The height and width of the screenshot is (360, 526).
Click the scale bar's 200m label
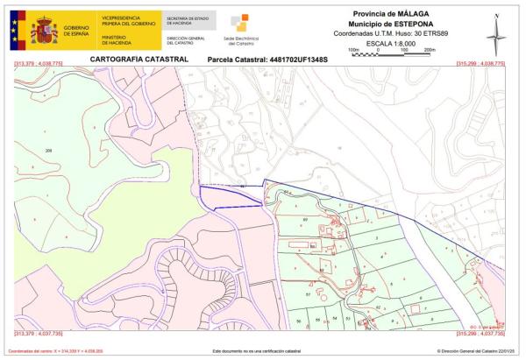tap(430, 50)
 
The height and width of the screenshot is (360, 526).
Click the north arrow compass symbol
tap(497, 32)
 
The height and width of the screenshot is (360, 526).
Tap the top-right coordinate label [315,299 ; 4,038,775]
tap(481, 64)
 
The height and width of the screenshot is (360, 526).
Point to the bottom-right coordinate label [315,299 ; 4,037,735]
tap(481, 334)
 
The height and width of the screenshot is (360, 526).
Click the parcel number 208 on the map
tap(48, 151)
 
